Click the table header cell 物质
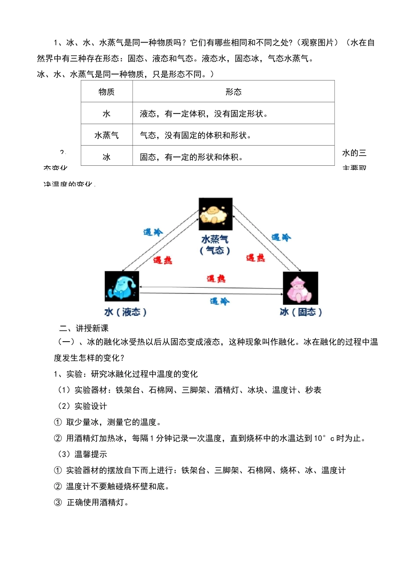pyautogui.click(x=107, y=92)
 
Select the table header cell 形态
pyautogui.click(x=234, y=92)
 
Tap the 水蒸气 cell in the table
pyautogui.click(x=107, y=135)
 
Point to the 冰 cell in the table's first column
pyautogui.click(x=107, y=157)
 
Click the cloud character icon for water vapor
pyautogui.click(x=216, y=214)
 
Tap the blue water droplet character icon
pyautogui.click(x=122, y=286)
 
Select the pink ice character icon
pyautogui.click(x=300, y=288)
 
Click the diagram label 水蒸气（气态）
pyautogui.click(x=215, y=245)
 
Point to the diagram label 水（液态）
pyautogui.click(x=125, y=312)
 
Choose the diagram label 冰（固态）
pyautogui.click(x=301, y=312)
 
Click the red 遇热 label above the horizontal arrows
pyautogui.click(x=216, y=278)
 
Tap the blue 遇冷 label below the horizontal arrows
pyautogui.click(x=219, y=301)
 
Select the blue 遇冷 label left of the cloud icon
pyautogui.click(x=153, y=232)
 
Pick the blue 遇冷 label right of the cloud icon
pyautogui.click(x=281, y=237)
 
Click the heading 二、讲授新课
pyautogui.click(x=84, y=328)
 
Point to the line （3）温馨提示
pyautogui.click(x=82, y=454)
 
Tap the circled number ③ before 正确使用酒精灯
pyautogui.click(x=58, y=503)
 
